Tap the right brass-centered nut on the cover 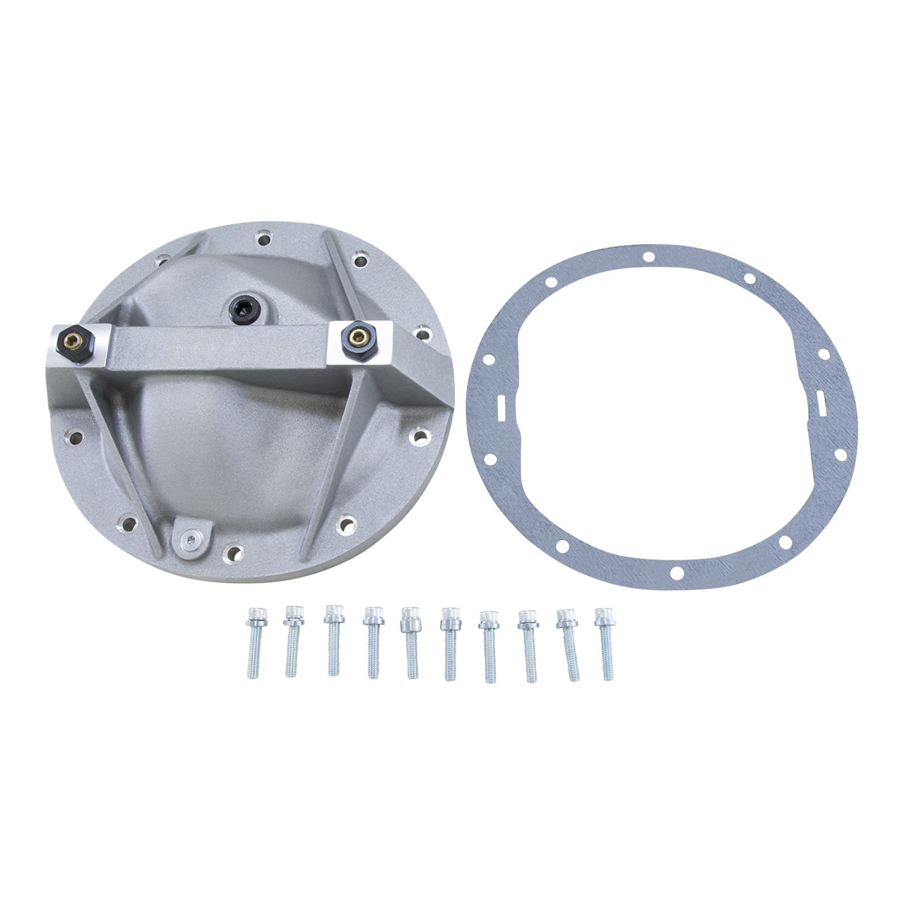357,336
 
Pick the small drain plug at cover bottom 190,540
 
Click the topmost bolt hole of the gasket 647,257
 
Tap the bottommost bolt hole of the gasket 676,573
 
